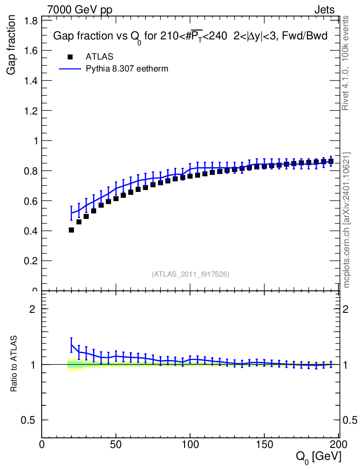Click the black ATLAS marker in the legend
click(70, 57)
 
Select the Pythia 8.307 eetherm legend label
click(127, 69)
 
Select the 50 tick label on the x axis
click(116, 444)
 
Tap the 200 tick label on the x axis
click(338, 444)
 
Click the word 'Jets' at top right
click(324, 10)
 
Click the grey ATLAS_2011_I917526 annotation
click(191, 274)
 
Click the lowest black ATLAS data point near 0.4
click(71, 230)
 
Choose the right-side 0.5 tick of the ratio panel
click(350, 420)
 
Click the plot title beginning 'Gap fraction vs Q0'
click(190, 37)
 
